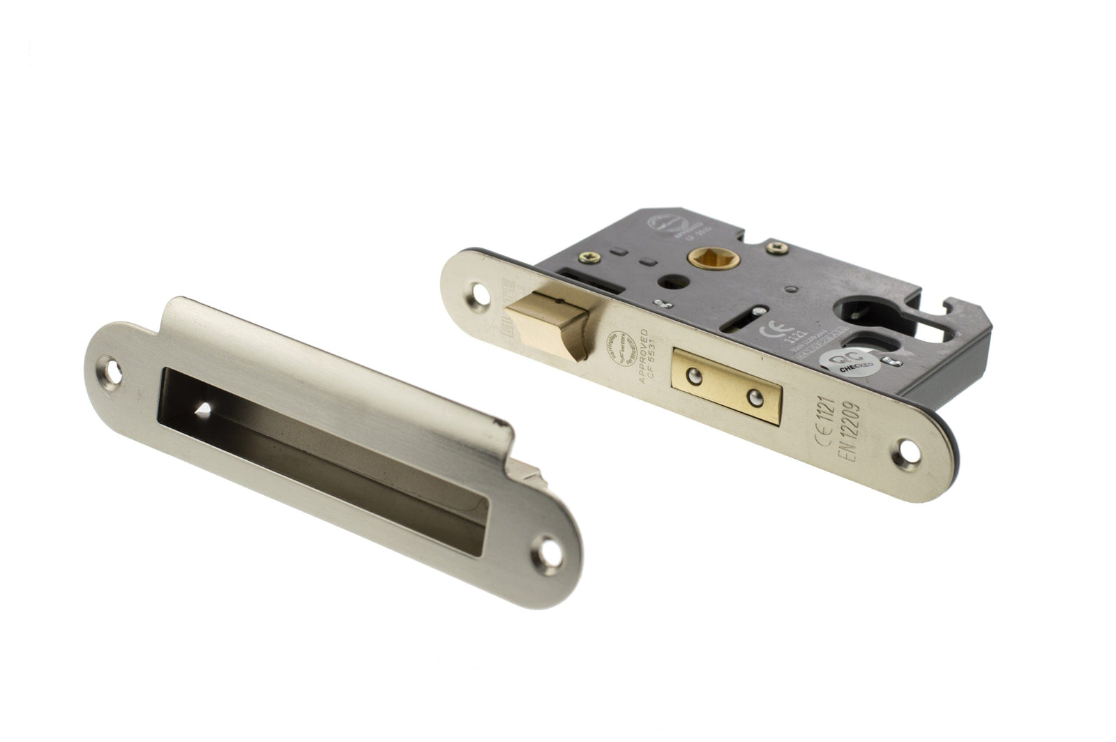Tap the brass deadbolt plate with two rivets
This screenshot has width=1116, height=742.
pos(725,386)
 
